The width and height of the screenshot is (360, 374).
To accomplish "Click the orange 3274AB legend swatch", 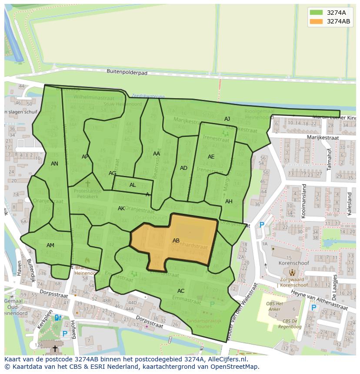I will tap(317, 21).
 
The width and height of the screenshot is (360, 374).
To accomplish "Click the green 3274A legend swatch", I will tap(317, 12).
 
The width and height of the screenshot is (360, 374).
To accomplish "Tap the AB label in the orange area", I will tap(176, 241).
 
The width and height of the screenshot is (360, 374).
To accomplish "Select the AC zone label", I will tap(181, 291).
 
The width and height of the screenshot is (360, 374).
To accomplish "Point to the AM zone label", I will tap(50, 245).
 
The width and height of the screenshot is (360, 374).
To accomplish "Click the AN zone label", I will tap(54, 164).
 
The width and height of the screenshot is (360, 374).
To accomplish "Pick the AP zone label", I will tap(85, 157).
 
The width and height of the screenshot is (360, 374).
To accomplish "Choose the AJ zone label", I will tap(227, 119).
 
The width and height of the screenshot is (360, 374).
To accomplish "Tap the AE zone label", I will tap(211, 157).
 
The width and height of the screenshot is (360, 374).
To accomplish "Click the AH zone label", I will tap(229, 202).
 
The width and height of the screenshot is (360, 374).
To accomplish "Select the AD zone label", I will tap(183, 168).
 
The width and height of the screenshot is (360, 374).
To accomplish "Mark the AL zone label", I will tap(133, 185).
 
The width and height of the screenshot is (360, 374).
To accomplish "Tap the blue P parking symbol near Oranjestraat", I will tap(262, 225).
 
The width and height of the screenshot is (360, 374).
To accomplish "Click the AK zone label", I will tap(121, 209).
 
